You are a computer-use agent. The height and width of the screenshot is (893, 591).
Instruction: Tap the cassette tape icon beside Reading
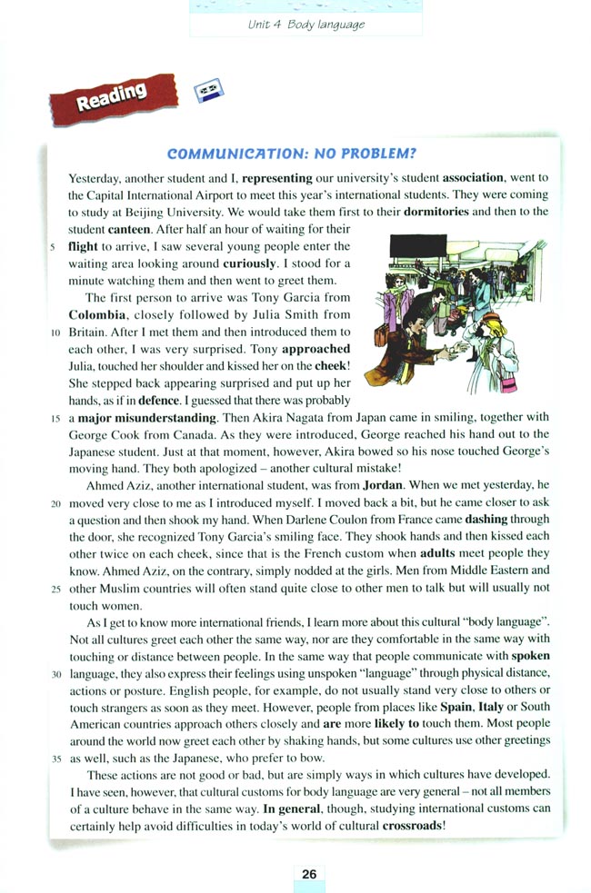click(210, 89)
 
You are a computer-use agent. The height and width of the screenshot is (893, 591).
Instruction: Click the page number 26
click(309, 874)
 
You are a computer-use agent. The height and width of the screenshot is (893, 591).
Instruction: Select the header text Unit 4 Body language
click(306, 25)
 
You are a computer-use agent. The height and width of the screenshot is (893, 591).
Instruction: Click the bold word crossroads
click(413, 824)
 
